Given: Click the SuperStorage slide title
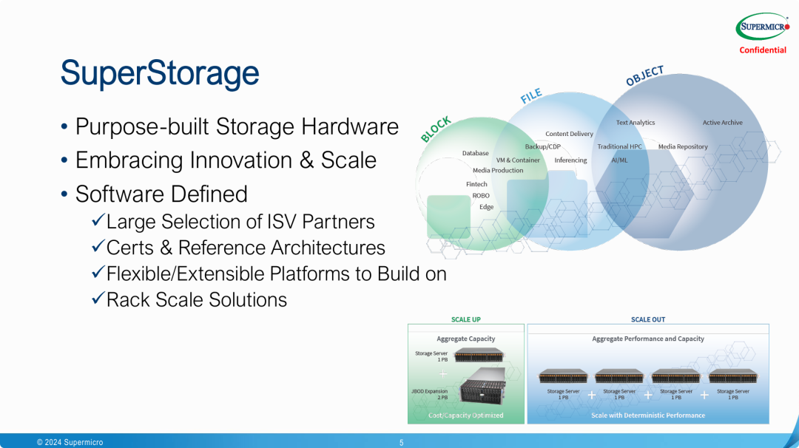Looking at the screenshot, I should pos(160,74).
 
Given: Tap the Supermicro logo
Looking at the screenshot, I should pos(762,27).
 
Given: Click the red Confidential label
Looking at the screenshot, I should pos(763,50).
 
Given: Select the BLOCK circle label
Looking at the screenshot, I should pos(436,129).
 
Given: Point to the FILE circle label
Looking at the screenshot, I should pos(531,95).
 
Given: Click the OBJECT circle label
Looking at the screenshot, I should pos(645,75).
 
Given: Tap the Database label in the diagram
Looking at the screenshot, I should pos(476,153).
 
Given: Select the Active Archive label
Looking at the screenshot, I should pos(722,123).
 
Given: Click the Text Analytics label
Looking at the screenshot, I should pos(636,123).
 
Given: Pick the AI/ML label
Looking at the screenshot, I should pos(619,160).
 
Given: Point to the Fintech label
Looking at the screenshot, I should pos(476,184).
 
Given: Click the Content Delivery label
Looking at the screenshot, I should pos(569,134).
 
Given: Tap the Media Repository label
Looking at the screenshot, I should pos(683,146).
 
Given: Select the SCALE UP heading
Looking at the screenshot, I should pos(466,319).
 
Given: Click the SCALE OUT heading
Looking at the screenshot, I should pos(648,319).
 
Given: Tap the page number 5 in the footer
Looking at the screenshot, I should pos(401,443).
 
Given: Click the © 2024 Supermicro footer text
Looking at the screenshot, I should pos(70,443).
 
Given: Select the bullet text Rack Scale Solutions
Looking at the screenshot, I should pos(196,299).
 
